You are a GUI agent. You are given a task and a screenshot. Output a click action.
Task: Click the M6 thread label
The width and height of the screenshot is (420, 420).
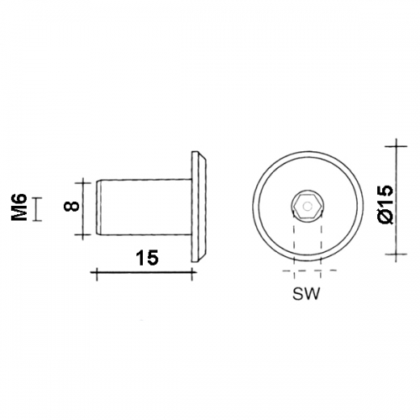pos(19,207)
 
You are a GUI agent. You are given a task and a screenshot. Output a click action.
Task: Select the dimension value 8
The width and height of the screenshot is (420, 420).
pos(71,207)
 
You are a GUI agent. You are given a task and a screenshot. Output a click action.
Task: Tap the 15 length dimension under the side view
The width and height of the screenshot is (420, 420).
pos(148,258)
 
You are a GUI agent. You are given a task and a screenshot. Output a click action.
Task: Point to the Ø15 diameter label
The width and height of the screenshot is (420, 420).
pos(385,204)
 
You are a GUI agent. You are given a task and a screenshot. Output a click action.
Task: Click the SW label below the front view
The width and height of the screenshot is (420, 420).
pos(306,294)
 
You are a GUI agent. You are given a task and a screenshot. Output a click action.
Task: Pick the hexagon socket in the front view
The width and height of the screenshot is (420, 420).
pos(307,207)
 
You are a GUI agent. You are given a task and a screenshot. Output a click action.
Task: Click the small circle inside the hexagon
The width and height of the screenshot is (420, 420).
pos(308,207)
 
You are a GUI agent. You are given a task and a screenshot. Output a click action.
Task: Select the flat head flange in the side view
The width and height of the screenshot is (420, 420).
pos(199,207)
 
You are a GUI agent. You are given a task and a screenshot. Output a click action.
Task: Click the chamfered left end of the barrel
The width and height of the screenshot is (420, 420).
pos(99,207)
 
